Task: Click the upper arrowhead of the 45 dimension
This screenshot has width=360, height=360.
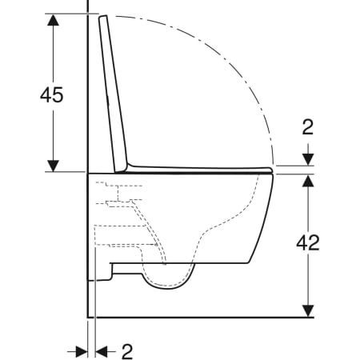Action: (x=52, y=21)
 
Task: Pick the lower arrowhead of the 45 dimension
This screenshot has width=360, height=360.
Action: (x=52, y=165)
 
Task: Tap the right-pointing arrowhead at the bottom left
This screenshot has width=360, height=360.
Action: (x=80, y=349)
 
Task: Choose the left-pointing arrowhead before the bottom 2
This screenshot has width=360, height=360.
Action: (x=102, y=349)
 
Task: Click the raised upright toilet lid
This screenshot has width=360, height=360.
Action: (x=114, y=96)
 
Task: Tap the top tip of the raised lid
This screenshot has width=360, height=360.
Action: (x=102, y=18)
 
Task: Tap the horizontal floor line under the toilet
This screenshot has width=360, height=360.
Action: (x=200, y=316)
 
